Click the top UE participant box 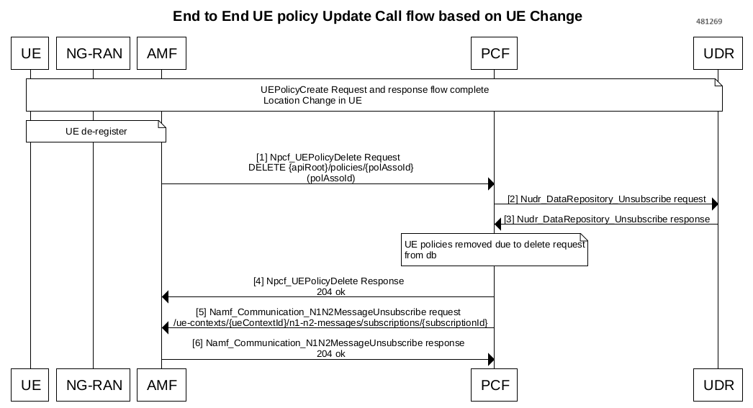click(x=30, y=53)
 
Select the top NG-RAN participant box click(x=93, y=53)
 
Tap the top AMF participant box click(x=161, y=53)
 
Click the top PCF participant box click(x=494, y=53)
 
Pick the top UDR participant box click(x=718, y=53)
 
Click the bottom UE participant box click(x=30, y=385)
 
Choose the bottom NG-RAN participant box click(x=93, y=385)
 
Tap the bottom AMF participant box click(x=161, y=385)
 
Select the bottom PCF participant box click(x=494, y=385)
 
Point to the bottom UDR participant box click(x=718, y=385)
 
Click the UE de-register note click(x=96, y=132)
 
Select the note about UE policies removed click(x=495, y=250)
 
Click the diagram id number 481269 click(x=709, y=21)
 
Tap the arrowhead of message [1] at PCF click(x=491, y=183)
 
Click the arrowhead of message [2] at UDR click(x=715, y=204)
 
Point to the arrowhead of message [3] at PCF click(x=497, y=225)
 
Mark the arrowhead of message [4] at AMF click(x=165, y=297)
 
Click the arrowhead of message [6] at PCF click(x=491, y=360)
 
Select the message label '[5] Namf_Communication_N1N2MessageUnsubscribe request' click(x=328, y=312)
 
